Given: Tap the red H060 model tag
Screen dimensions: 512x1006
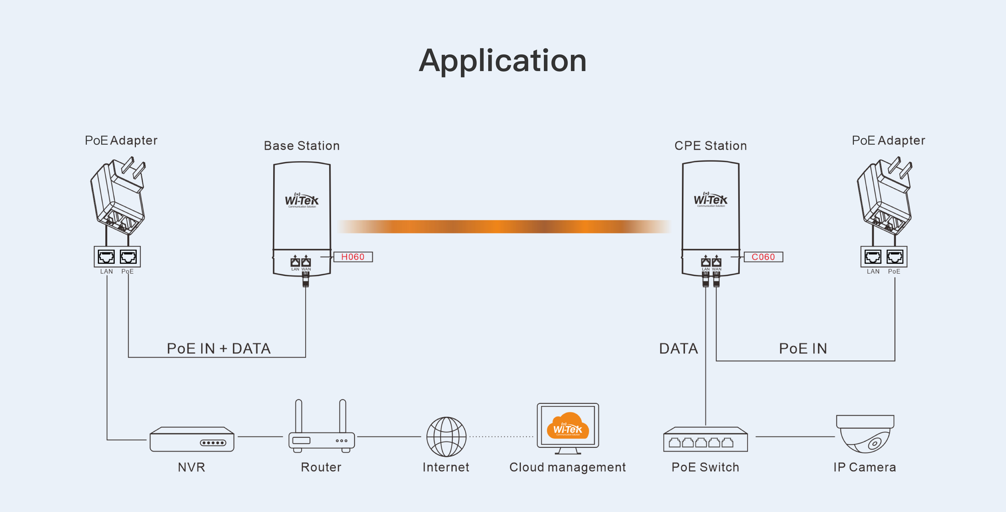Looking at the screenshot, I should [353, 257].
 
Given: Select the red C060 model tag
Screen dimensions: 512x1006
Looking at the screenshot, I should [763, 257].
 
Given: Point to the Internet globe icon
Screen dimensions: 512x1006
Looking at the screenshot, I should [446, 437].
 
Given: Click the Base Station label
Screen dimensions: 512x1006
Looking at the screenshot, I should [302, 146].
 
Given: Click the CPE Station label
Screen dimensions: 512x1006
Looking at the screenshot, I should [710, 146].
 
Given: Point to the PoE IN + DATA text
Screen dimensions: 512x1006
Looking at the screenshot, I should [219, 348].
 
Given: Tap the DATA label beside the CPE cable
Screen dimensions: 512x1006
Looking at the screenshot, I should [678, 348].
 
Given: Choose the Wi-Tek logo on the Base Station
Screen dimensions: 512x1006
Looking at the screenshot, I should [301, 200].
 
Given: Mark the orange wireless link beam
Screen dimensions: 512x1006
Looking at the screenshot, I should [504, 226].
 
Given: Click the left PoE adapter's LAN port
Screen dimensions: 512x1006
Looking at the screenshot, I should [106, 257].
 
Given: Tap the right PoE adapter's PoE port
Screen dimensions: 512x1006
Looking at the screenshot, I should [895, 257].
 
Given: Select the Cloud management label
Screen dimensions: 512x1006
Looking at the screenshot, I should [567, 467].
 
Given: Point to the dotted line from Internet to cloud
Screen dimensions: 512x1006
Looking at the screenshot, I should [501, 437].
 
